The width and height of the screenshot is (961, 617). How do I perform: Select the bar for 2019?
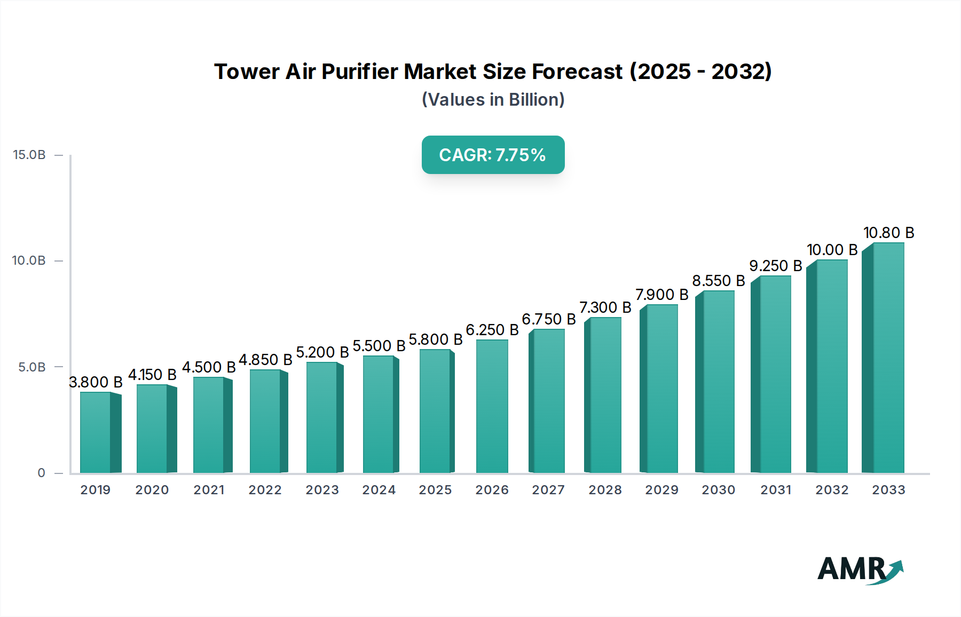[x=96, y=432]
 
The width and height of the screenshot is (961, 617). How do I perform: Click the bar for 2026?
[x=492, y=406]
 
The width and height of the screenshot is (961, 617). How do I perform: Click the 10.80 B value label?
[x=888, y=233]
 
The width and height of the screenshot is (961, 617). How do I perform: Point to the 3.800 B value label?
[x=96, y=382]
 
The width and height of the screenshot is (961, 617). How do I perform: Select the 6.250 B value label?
[x=492, y=330]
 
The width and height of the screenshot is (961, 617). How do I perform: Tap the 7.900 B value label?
[x=661, y=295]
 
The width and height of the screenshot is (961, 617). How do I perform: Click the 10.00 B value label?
[x=832, y=250]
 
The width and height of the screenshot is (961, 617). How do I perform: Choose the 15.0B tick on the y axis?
[x=29, y=155]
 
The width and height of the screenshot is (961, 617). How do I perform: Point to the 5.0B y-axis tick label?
[x=32, y=367]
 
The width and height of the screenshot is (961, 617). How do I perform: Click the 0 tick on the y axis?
[x=42, y=473]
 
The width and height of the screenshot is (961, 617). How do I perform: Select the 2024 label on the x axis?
[x=379, y=490]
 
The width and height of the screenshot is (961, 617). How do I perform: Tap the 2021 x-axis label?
[x=209, y=490]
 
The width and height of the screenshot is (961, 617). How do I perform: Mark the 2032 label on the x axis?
[x=832, y=490]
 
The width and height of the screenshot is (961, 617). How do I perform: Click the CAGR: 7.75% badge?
[x=493, y=155]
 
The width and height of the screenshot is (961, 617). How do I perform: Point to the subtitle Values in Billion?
[x=493, y=100]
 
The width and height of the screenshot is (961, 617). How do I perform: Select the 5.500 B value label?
[x=379, y=346]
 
